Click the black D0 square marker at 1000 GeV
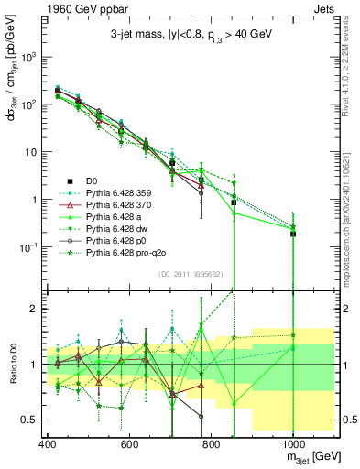tap(293, 234)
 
